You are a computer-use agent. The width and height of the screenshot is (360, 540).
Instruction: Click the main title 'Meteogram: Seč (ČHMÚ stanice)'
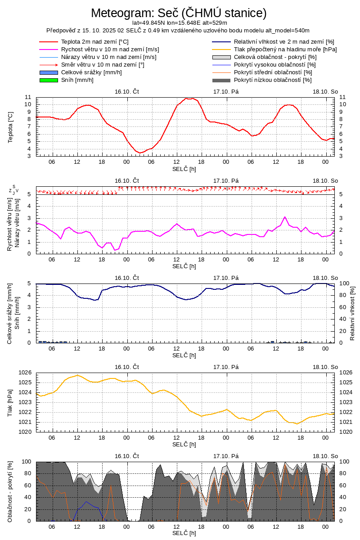coord(179,13)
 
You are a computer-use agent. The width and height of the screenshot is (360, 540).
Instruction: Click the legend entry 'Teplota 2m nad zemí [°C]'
coord(94,42)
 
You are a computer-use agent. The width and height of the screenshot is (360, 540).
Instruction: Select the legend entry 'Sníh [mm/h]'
coord(77,80)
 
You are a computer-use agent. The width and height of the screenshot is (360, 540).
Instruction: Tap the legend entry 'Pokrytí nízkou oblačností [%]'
coord(273,80)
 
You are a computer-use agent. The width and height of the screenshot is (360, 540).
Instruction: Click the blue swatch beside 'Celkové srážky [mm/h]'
coord(49,72)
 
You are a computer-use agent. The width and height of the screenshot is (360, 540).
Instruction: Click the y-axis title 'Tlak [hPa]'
coord(11,402)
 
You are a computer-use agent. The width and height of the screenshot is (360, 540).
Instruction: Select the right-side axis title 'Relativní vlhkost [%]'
coord(352,313)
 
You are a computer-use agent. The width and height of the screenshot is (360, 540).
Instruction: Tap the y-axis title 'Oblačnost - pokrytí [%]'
coord(11,491)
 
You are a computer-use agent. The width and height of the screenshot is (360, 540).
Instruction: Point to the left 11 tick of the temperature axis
coord(28,97)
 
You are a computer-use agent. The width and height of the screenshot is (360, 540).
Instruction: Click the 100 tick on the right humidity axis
coord(344,283)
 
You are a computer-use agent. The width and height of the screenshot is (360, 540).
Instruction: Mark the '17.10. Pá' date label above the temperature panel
coord(226,91)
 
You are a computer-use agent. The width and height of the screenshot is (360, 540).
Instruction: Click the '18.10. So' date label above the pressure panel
coord(325,367)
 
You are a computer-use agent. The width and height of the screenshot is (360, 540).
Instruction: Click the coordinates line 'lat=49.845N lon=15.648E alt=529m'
coord(179,22)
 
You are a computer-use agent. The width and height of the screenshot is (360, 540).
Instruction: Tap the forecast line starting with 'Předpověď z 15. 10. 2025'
coord(178,30)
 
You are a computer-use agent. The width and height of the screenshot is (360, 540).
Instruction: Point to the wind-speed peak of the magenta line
coord(285,217)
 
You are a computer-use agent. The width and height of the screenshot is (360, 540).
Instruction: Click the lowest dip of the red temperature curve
coord(140,153)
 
